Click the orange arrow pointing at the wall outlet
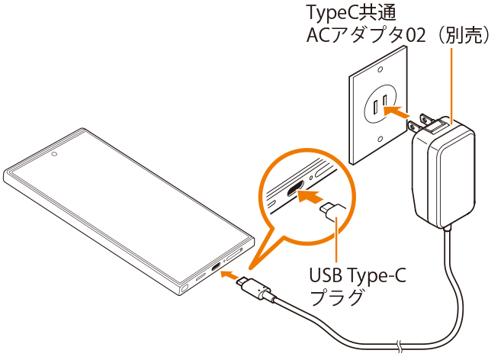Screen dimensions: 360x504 397,111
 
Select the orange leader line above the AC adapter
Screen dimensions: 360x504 452,84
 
